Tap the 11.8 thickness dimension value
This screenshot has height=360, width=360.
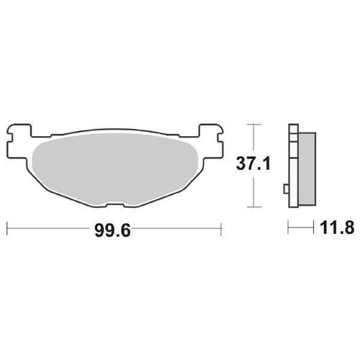point(335,229)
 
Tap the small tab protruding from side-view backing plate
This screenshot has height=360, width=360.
point(286,192)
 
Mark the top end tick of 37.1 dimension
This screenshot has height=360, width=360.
point(251,124)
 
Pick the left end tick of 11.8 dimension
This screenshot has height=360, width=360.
point(289,229)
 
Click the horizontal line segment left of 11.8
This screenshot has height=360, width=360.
point(302,229)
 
